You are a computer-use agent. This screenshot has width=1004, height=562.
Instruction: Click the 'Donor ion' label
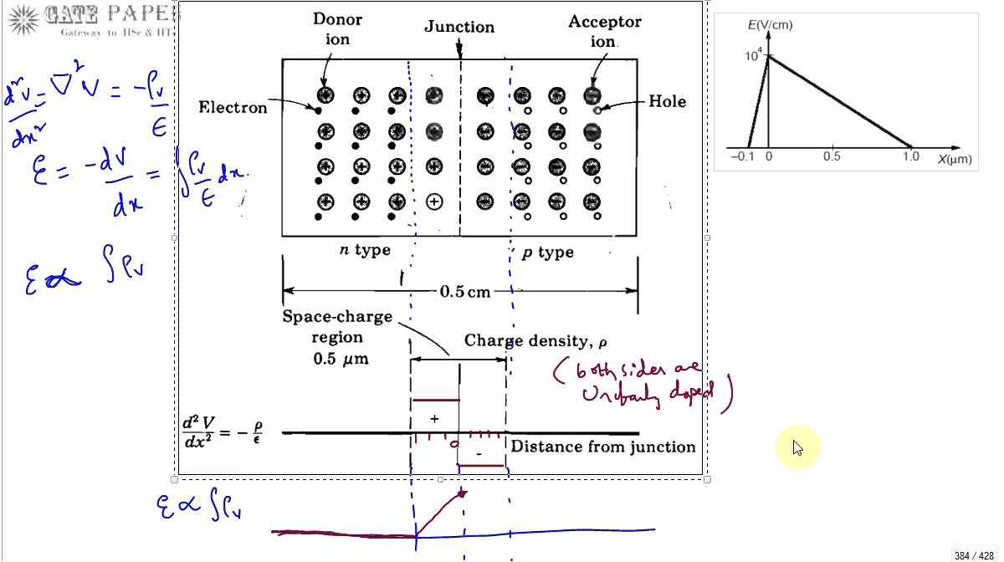coord(337,28)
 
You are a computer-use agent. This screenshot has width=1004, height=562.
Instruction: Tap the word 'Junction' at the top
coord(458,27)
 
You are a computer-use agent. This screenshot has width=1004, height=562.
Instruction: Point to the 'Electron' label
coord(233,107)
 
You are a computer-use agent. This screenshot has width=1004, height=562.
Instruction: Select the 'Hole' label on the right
coord(667,101)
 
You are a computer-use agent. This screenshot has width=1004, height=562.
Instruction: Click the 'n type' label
coord(364,250)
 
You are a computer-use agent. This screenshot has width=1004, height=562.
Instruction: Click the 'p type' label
coord(548,253)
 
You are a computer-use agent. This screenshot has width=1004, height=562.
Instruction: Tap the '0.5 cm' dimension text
coord(465,292)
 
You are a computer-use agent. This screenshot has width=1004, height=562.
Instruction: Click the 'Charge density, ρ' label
coord(535,340)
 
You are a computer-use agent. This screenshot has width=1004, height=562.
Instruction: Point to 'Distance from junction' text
coord(603,447)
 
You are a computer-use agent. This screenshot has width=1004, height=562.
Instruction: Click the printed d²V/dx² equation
coord(222,431)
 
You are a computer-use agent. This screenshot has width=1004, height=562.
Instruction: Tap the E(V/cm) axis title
coord(770,25)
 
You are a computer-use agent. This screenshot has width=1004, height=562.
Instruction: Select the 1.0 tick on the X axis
coord(910,156)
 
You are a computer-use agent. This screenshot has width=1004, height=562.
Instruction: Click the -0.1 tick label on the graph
coord(741,156)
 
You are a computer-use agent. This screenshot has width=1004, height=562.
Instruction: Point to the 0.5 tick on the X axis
coord(832,156)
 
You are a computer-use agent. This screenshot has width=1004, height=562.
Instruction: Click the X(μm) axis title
coord(955,158)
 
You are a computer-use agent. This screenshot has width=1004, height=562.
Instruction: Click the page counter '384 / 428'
coord(974,555)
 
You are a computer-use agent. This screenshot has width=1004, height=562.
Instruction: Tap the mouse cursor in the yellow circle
coord(797,449)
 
